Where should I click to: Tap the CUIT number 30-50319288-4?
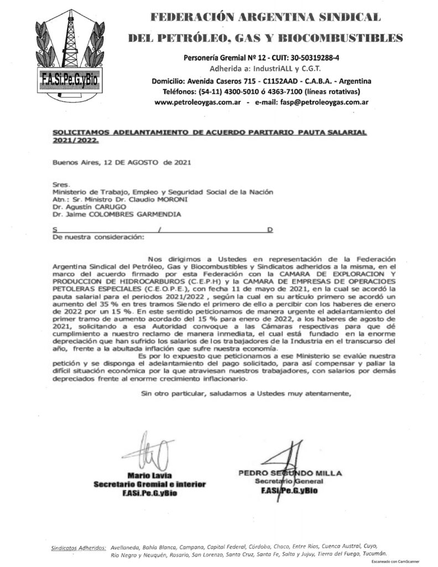[x=310, y=58]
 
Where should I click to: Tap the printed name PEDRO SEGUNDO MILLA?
[x=290, y=473]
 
